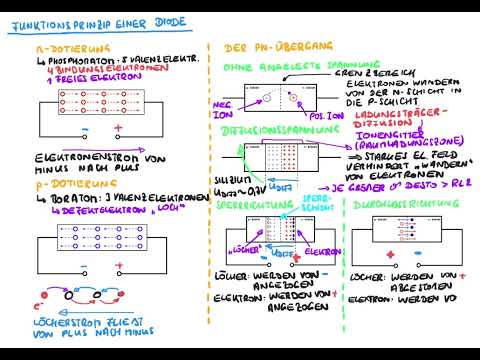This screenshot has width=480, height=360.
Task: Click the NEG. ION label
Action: pos(222,108)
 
